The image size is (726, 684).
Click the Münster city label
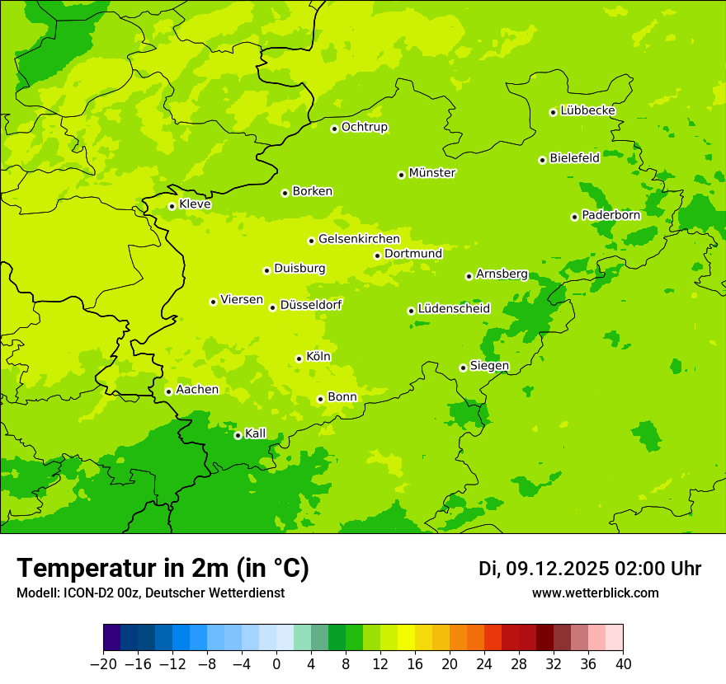pyautogui.click(x=432, y=173)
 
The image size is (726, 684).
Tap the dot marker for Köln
pyautogui.click(x=299, y=358)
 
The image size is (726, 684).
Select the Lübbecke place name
pyautogui.click(x=587, y=110)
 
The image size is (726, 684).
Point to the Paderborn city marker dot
pyautogui.click(x=574, y=217)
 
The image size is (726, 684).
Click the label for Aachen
pyautogui.click(x=197, y=390)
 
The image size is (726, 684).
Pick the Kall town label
pyautogui.click(x=256, y=433)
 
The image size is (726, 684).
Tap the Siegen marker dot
pyautogui.click(x=463, y=368)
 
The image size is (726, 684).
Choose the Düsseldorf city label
pyautogui.click(x=311, y=305)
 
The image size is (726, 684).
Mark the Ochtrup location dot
pyautogui.click(x=334, y=129)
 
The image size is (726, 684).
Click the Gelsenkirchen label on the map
pyautogui.click(x=359, y=239)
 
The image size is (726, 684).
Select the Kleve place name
pyautogui.click(x=195, y=204)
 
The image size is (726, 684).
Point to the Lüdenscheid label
pyautogui.click(x=454, y=309)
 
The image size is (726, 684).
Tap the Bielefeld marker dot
pyautogui.click(x=542, y=160)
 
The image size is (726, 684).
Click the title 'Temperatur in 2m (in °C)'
pyautogui.click(x=163, y=569)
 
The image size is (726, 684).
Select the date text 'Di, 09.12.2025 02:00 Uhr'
pyautogui.click(x=590, y=569)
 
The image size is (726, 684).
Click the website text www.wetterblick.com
pyautogui.click(x=595, y=593)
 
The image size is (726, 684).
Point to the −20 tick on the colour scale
pyautogui.click(x=103, y=664)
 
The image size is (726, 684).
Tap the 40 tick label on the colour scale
pyautogui.click(x=623, y=664)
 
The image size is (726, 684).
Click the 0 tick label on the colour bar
pyautogui.click(x=276, y=664)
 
